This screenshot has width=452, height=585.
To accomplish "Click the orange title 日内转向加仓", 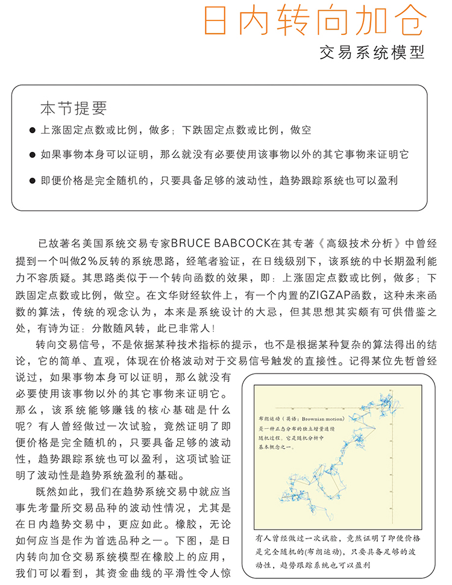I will (x=315, y=22).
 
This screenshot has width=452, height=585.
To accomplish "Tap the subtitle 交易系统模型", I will (x=372, y=52).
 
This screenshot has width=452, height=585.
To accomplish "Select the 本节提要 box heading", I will (x=73, y=108).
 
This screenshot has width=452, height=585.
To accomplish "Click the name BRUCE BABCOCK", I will (x=221, y=244).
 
